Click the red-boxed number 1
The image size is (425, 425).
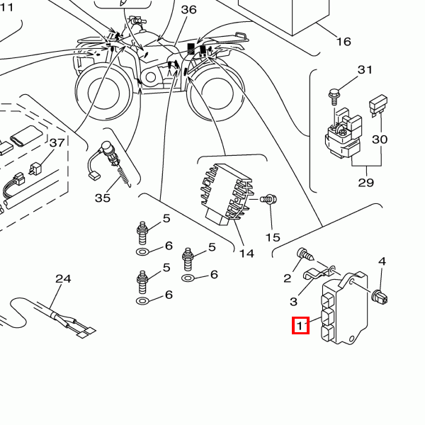(302, 326)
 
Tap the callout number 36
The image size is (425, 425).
(189, 10)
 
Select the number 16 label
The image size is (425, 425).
(343, 42)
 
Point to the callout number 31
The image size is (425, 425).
(365, 70)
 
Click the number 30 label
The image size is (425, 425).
(380, 140)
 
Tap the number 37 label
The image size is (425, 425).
(57, 143)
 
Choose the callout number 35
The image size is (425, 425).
(103, 198)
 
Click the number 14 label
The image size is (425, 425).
(246, 253)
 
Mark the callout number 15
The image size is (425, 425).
(273, 237)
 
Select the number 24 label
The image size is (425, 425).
(63, 279)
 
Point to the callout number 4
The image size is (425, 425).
(382, 262)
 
